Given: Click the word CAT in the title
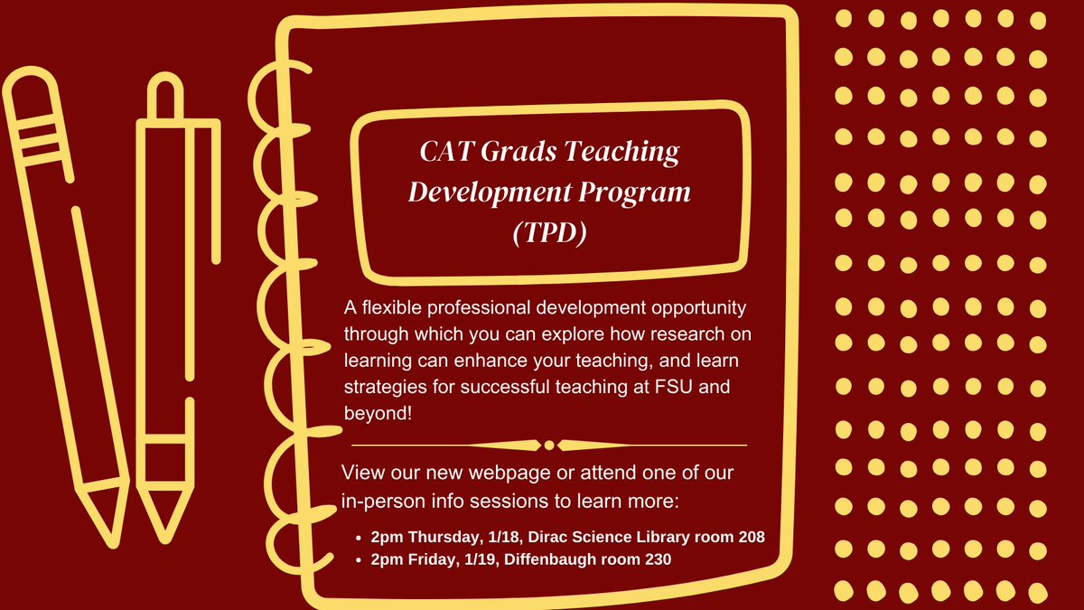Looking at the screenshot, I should coord(447,152).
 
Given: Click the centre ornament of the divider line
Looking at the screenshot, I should coord(548,445).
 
